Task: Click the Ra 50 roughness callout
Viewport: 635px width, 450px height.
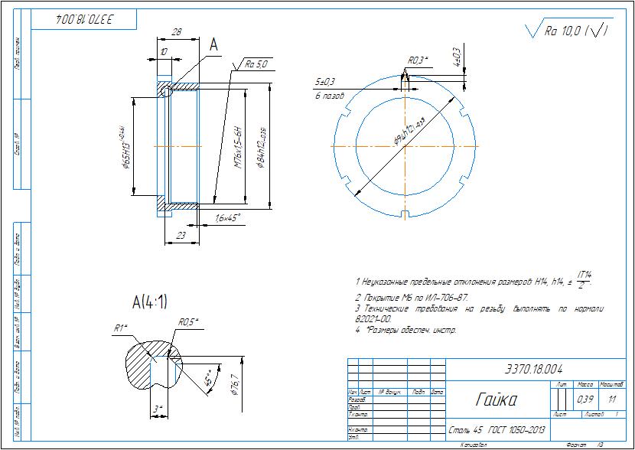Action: (x=256, y=64)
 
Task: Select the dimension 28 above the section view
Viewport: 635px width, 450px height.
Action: (x=177, y=32)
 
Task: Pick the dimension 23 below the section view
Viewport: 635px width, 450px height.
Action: (x=181, y=236)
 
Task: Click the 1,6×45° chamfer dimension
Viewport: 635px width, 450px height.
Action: (x=228, y=218)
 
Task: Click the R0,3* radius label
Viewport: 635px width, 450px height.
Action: (x=418, y=60)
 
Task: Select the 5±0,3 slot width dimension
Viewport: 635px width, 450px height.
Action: (x=326, y=80)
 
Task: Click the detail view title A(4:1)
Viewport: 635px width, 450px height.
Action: (x=149, y=301)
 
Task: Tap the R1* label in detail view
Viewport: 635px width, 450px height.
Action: (x=120, y=328)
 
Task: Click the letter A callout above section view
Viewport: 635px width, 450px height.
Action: (x=214, y=46)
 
